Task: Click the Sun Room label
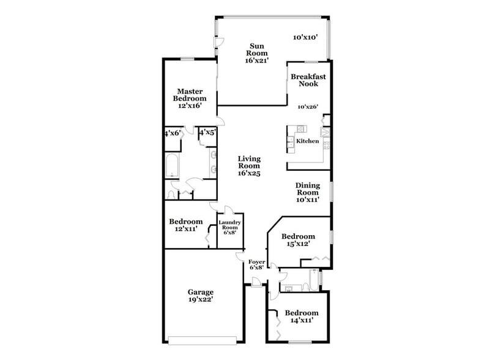[257, 53]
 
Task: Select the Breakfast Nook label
[308, 80]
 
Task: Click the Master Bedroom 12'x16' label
[190, 98]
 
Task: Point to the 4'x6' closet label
[172, 133]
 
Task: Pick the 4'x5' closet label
[207, 132]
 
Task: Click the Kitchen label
[307, 141]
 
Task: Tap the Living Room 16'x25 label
[249, 165]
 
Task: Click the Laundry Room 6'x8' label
[230, 227]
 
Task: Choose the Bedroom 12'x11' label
[185, 225]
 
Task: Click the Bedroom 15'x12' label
[298, 239]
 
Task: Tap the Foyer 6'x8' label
[257, 264]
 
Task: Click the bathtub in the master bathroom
[171, 167]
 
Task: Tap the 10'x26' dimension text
[308, 107]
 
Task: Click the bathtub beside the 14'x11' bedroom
[313, 280]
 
